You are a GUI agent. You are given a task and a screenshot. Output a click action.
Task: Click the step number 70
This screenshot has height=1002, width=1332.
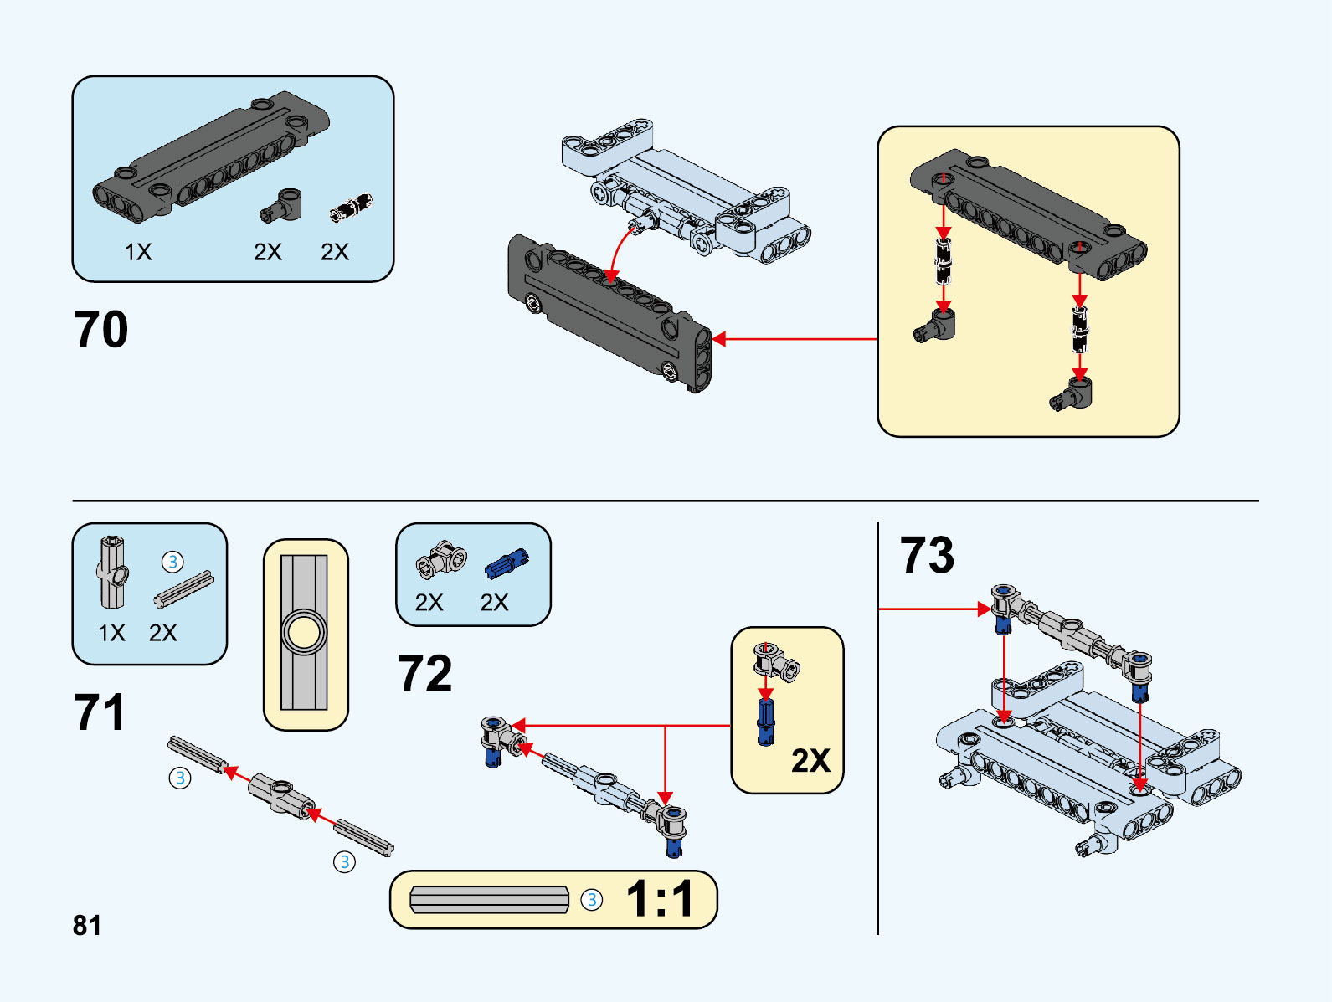point(100,330)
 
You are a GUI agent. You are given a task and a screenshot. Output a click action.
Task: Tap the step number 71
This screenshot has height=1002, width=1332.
point(100,712)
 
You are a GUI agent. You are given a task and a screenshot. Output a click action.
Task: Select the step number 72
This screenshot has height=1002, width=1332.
point(424,674)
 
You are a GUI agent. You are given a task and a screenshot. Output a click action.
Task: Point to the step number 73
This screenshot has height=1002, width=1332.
point(927,555)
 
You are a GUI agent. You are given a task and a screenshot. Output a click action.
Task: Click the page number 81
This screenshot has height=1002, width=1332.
point(87,925)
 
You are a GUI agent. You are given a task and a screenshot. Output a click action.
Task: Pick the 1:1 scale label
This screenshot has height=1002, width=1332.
point(660,900)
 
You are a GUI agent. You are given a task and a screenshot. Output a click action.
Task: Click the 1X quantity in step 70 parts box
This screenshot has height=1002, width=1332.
point(138,252)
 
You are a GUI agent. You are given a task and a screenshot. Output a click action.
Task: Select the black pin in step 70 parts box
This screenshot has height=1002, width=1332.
point(350,208)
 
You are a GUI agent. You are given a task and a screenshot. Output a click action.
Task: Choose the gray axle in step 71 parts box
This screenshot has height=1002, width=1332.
point(183,588)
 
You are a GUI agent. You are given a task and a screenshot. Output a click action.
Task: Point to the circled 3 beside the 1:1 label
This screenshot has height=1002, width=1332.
point(592,900)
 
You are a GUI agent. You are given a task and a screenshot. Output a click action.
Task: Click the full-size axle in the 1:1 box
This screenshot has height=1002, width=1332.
point(490,900)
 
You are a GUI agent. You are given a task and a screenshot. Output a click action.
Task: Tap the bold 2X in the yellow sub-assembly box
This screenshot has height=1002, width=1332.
point(810,760)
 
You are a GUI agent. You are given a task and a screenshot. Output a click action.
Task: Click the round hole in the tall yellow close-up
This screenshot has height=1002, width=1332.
point(304,633)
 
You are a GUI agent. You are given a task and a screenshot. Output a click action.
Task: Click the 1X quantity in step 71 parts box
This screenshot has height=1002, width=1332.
point(111,633)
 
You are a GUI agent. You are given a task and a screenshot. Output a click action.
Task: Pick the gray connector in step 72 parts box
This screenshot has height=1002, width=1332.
point(441,561)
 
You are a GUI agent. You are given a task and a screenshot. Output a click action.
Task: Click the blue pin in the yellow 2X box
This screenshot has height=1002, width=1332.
point(766,722)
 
